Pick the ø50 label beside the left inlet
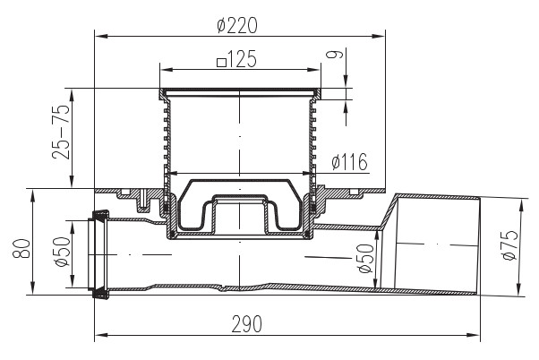(60, 253)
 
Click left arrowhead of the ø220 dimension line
(98, 37)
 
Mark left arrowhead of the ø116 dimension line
(170, 172)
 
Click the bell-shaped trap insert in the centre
(239, 210)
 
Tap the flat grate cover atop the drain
(239, 91)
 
